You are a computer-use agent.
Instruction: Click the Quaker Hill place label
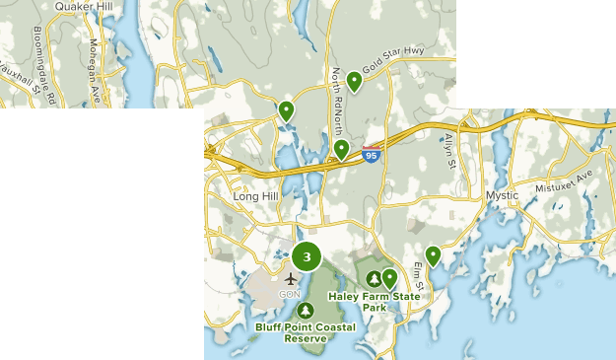tap(83, 6)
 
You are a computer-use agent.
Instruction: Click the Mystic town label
tap(502, 195)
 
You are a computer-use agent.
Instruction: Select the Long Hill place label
tap(256, 196)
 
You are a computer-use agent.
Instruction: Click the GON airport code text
tap(290, 294)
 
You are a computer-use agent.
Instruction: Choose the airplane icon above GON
tap(291, 278)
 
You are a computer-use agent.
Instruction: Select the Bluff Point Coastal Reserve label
tap(305, 332)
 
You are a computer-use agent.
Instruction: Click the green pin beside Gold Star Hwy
tap(354, 81)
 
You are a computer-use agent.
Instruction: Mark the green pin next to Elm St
tap(432, 254)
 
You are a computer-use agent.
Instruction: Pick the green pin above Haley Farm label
tap(389, 278)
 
